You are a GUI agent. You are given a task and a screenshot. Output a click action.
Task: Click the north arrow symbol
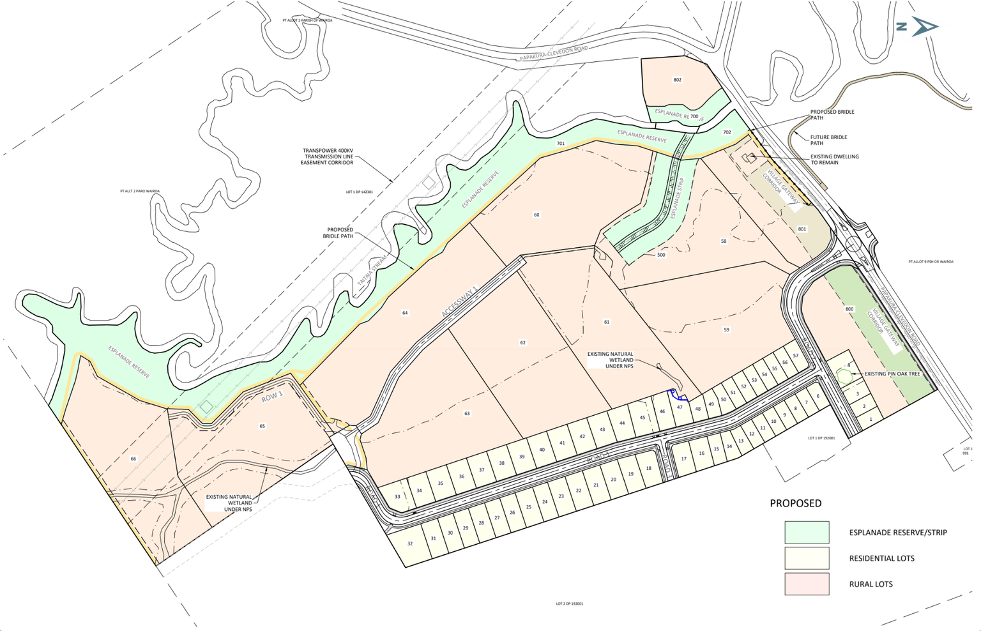click(924, 27)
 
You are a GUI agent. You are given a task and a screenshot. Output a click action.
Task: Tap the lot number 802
click(677, 80)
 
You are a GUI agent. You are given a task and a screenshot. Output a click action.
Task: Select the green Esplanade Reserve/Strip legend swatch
click(807, 532)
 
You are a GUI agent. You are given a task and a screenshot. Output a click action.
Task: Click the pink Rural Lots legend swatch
click(807, 584)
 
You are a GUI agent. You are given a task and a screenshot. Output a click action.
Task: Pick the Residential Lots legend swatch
click(807, 558)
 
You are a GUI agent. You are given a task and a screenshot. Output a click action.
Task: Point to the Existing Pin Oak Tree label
click(892, 374)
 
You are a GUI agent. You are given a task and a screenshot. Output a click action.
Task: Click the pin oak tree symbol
click(844, 376)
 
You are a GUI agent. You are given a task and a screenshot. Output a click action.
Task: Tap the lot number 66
click(133, 459)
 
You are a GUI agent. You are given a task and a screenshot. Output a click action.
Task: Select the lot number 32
click(410, 544)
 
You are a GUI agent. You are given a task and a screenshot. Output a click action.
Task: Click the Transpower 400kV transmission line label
click(327, 156)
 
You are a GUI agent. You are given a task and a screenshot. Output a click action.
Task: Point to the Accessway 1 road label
click(459, 301)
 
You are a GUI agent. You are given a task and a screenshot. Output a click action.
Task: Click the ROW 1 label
click(272, 397)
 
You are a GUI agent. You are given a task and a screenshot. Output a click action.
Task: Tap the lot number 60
click(536, 215)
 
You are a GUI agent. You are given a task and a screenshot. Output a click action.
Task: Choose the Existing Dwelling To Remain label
click(835, 160)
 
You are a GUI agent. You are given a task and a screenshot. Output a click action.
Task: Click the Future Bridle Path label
click(828, 140)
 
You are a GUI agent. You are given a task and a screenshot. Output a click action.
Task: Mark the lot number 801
click(802, 229)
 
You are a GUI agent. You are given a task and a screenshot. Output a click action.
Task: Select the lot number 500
click(661, 255)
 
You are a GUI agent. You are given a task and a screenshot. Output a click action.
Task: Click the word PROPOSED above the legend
click(795, 503)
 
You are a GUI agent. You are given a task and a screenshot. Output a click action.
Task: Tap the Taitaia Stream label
click(364, 272)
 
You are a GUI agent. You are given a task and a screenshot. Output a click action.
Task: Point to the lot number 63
click(467, 414)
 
